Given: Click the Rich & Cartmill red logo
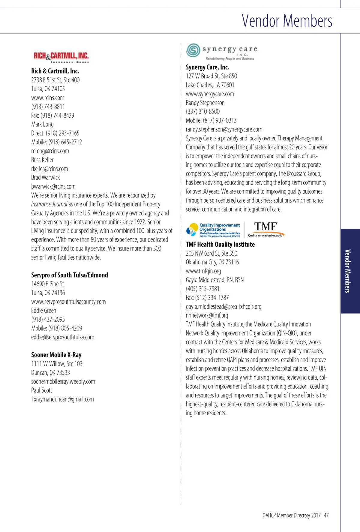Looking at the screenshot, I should coord(61,57).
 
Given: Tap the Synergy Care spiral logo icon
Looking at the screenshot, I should coord(193,50).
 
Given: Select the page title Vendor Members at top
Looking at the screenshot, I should coord(287,21).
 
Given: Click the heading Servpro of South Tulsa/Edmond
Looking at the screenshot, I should coord(69,275).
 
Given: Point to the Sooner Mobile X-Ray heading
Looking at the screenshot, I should coord(56,355).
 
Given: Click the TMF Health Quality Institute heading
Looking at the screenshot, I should coord(220,244).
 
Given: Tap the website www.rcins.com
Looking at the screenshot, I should coord(48,98).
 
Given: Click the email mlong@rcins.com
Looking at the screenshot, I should coord(50,151).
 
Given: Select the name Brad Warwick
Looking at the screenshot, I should coord(45,178).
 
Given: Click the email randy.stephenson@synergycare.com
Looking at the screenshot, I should coord(224,129).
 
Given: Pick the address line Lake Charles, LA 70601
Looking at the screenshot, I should coord(210,85).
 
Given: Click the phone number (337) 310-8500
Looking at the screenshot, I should coord(202,112).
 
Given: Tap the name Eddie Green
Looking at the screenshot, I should coord(43,311).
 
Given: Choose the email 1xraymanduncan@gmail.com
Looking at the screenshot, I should coord(62,399).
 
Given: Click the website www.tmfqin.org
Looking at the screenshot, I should coord(203,271).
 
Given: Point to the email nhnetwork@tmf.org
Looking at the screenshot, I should coord(207,315).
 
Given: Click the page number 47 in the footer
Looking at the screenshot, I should coord(326,515).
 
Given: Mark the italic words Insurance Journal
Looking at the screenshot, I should coord(49,204).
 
